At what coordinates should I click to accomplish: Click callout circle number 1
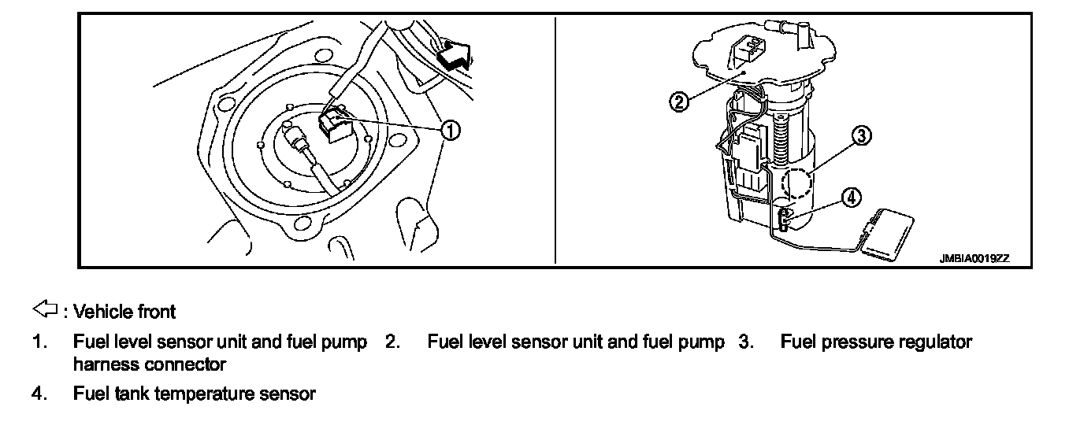click(451, 129)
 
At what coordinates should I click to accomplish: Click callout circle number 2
click(679, 101)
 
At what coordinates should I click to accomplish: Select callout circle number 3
click(861, 136)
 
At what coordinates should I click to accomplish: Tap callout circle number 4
click(850, 197)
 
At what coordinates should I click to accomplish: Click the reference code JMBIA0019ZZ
click(974, 257)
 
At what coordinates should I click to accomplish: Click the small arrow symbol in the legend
click(41, 310)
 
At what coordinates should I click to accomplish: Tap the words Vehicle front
click(124, 312)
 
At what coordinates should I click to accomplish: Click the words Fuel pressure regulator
click(876, 342)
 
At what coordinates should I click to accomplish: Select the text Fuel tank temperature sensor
click(195, 394)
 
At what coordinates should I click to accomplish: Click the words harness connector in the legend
click(150, 364)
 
